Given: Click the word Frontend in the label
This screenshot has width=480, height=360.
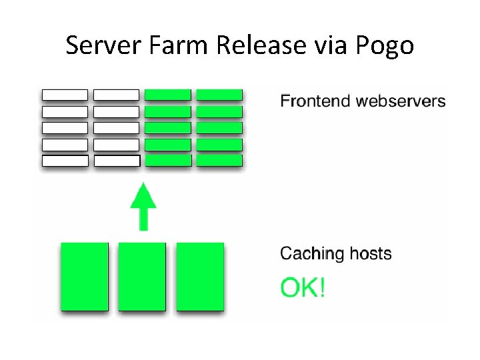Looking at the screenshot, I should click(316, 101).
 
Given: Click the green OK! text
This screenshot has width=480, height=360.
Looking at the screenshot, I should click(303, 288).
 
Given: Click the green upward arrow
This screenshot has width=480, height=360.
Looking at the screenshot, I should click(143, 206).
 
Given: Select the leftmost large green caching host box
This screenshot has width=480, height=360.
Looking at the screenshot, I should click(84, 276).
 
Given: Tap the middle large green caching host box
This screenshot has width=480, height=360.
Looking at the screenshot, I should click(142, 276).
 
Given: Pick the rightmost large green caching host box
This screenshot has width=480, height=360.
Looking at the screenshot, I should click(200, 276).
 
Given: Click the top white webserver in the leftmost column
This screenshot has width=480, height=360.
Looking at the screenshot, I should click(65, 95).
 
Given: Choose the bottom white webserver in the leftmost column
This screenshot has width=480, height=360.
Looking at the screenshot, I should click(65, 161).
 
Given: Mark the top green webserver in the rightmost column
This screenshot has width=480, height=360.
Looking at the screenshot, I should click(219, 95).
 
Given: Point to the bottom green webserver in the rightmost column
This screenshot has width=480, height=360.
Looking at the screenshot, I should click(219, 161).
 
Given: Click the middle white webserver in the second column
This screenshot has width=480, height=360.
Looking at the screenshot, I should click(116, 127).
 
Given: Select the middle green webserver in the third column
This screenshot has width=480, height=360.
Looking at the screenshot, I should click(168, 127).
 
